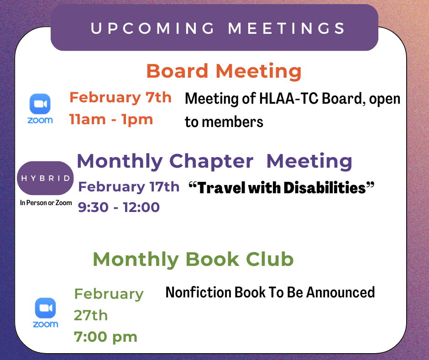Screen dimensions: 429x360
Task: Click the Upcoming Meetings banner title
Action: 218,28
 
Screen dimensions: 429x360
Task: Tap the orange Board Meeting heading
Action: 224,71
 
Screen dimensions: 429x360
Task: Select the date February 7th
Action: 120,97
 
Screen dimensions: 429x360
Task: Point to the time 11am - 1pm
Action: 111,119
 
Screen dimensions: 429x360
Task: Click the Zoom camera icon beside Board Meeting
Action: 40,104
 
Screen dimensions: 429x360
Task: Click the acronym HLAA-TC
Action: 288,98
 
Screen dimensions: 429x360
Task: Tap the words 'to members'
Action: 224,122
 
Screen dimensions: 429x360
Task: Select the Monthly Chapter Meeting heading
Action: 214,162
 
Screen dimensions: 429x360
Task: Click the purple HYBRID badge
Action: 45,178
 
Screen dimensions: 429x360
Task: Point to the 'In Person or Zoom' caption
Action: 46,203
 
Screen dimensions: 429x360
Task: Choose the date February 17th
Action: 129,187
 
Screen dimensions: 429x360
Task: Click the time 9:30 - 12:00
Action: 119,207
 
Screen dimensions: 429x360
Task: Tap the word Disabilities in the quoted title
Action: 324,188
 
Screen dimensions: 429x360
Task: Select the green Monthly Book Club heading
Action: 193,259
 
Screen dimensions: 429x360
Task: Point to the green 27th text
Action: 91,315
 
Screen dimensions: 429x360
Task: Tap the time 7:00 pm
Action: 105,337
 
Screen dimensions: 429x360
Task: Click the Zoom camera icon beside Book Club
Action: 46,308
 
